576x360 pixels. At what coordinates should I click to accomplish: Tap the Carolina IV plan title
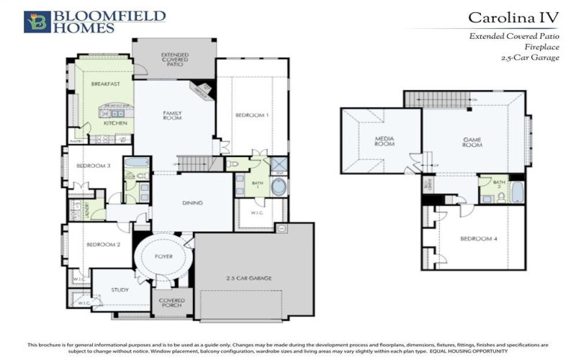[513, 17]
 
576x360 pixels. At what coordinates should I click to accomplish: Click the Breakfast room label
[104, 84]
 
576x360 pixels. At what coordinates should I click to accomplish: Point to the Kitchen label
[115, 123]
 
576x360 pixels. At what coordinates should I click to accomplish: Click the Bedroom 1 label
[251, 115]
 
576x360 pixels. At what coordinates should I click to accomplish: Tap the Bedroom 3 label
[94, 166]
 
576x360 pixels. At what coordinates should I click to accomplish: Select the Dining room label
[192, 203]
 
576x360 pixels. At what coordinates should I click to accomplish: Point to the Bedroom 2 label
[103, 245]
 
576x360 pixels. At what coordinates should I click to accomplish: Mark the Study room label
[120, 290]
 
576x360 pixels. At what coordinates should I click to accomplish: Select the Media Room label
[385, 140]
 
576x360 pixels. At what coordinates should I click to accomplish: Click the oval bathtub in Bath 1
[278, 189]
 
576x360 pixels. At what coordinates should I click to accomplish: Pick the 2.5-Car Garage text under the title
[530, 57]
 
